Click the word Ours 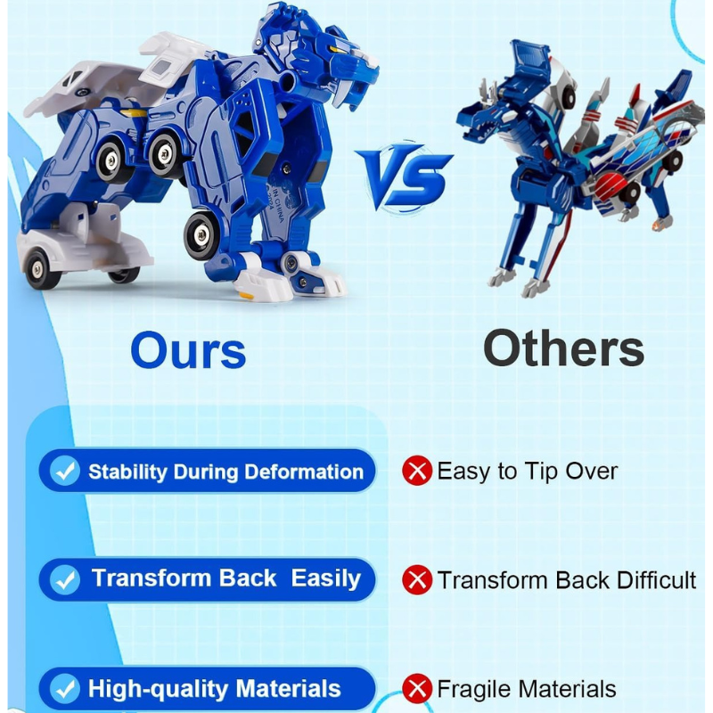point(188,350)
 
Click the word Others point(563,348)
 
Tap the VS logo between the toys point(405,177)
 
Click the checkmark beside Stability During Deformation point(65,471)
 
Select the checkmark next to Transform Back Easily point(65,580)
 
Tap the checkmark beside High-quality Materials point(65,689)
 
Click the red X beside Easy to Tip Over point(417,471)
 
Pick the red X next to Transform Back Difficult point(417,580)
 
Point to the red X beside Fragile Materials point(417,689)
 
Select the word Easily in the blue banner point(325,578)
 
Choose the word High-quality point(159,688)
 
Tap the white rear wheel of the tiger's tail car point(38,269)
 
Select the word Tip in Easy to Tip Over point(542,471)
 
